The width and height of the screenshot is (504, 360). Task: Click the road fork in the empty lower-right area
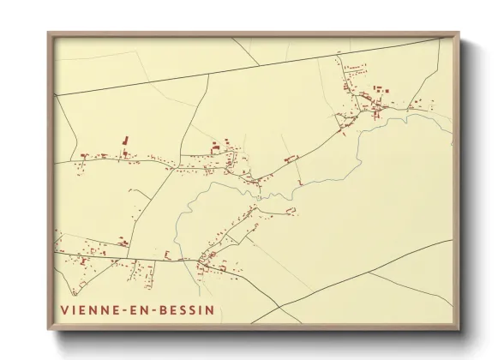tap(369, 273)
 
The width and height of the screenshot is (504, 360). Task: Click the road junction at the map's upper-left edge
tap(56, 95)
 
